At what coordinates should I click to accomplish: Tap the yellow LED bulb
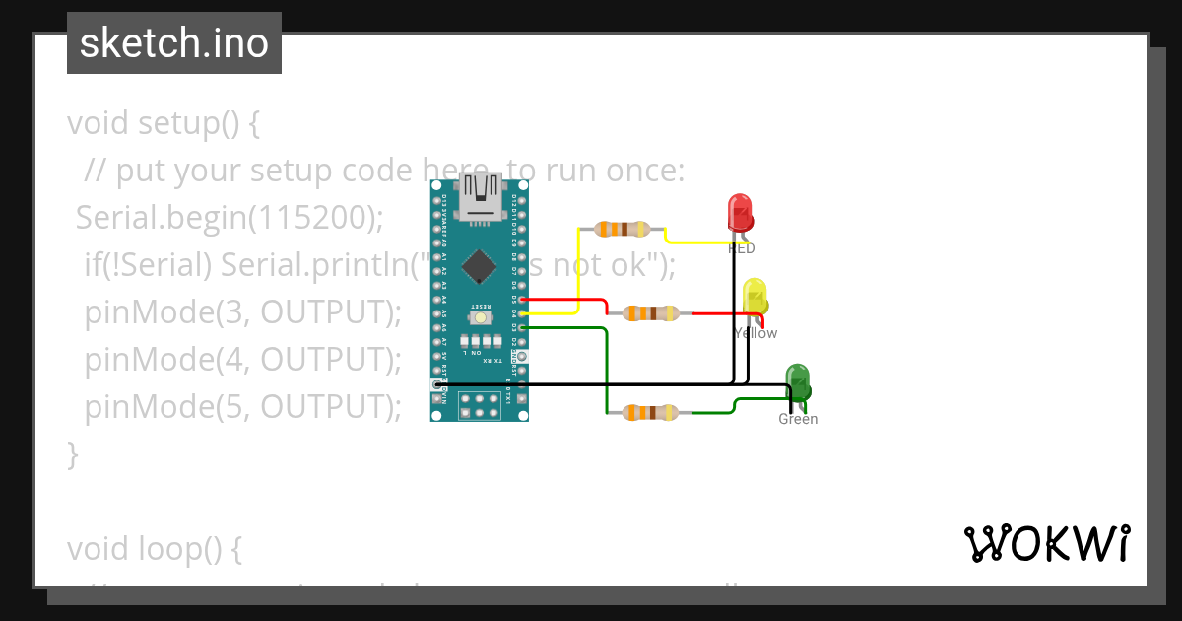point(755,297)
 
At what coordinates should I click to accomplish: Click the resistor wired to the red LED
point(622,229)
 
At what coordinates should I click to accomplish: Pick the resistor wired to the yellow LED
point(651,313)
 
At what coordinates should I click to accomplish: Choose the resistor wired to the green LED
point(651,412)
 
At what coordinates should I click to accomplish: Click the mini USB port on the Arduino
point(480,193)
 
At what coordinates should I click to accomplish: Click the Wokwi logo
point(1046,544)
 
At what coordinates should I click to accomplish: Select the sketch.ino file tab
point(174,43)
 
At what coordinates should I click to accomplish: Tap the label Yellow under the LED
point(755,333)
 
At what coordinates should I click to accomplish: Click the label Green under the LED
point(798,419)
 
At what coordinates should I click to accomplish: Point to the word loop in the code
point(170,549)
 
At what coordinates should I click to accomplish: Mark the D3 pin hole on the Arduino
point(522,327)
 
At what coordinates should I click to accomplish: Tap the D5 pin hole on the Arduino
point(522,299)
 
